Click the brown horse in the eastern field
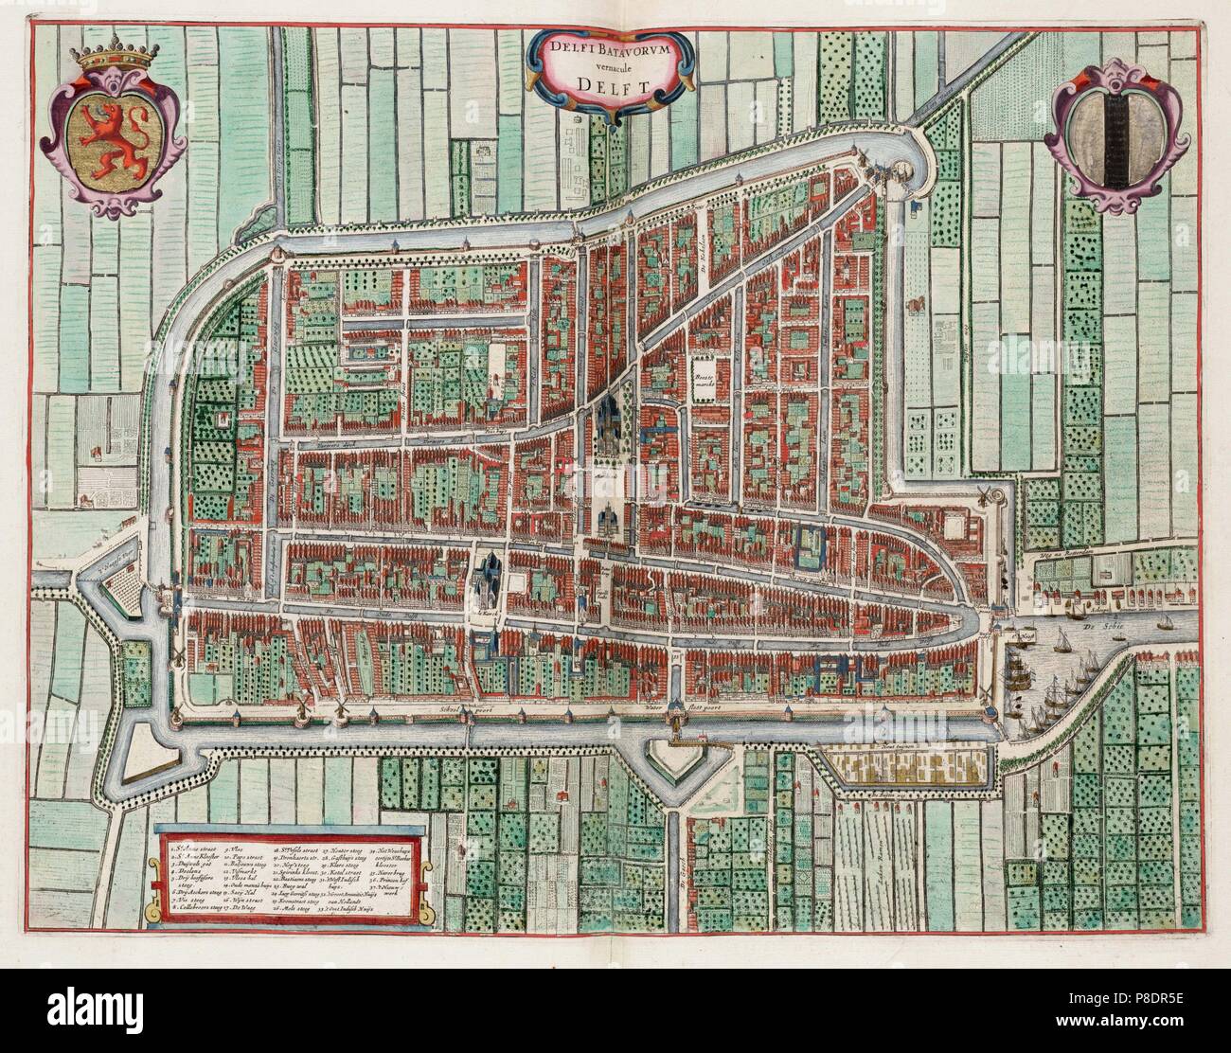click(x=916, y=305)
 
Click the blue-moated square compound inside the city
click(x=811, y=546)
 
